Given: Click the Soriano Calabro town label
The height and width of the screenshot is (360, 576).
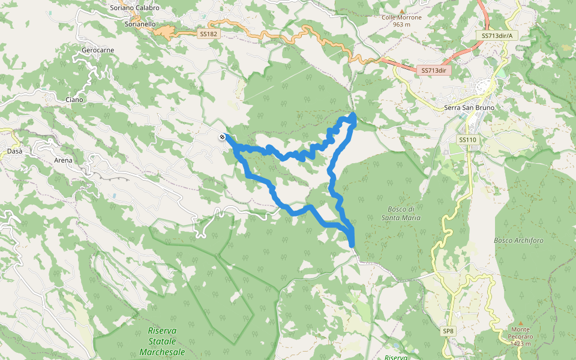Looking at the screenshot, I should point(135,8).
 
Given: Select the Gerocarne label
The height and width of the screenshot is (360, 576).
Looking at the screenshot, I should point(97,50).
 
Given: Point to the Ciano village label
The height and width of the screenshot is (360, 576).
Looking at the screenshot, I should point(74,99).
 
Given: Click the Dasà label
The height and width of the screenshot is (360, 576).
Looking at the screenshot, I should point(14,151).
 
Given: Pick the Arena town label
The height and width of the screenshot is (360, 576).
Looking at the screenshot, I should point(63,160).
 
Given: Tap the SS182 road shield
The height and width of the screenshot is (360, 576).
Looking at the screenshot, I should point(208,34).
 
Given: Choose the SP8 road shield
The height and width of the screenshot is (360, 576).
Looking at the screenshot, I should point(448,331).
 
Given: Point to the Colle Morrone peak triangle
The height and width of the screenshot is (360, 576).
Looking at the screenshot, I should point(401,10).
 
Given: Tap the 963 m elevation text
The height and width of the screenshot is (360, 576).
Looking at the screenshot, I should point(401,25).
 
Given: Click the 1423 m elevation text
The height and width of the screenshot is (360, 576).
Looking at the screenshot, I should point(521,344).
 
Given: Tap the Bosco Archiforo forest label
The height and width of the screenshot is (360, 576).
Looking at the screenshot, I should point(518,241).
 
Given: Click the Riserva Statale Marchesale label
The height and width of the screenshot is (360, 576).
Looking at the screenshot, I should point(162,341).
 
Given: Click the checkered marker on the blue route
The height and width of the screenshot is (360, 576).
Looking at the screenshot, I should point(223,137).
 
